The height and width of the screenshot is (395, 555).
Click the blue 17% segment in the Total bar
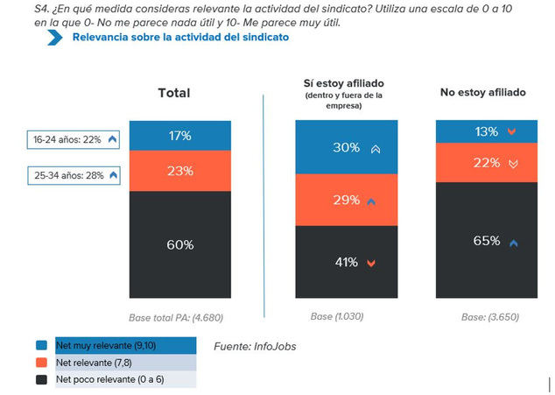click(x=179, y=136)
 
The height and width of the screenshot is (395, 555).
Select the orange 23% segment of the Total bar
click(x=179, y=171)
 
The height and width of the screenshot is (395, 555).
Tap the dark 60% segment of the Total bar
click(x=179, y=244)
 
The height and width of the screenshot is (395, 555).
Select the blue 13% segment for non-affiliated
click(x=487, y=131)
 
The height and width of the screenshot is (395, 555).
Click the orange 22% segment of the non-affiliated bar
click(x=487, y=162)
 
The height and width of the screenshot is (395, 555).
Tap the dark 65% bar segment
click(x=487, y=241)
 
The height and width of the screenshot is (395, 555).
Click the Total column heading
click(x=173, y=93)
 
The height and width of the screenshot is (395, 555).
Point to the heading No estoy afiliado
click(x=482, y=92)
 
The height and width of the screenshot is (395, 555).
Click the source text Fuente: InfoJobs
click(x=255, y=347)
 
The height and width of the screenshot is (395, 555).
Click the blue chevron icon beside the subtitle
click(x=55, y=37)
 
